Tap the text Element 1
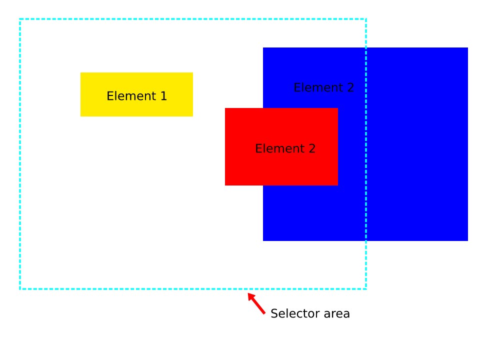136,96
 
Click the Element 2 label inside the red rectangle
285,148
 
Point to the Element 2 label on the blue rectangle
323,87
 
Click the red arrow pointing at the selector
257,303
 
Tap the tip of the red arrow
249,294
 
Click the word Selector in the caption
292,313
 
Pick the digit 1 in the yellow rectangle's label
163,96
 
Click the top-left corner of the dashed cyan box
20,19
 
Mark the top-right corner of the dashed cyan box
366,19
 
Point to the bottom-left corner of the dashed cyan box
20,288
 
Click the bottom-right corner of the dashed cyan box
366,288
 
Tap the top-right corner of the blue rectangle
467,48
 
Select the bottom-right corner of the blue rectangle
467,240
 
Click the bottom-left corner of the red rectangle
225,185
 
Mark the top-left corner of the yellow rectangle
81,73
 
